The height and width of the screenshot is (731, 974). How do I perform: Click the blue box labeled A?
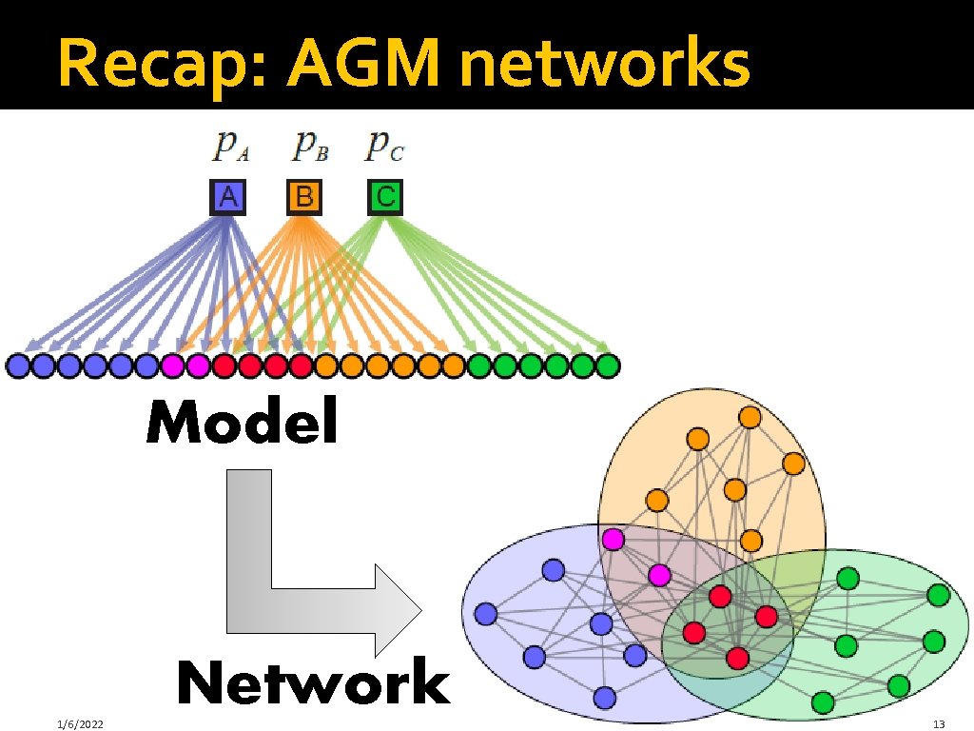point(228,197)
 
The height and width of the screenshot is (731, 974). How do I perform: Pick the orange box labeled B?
point(304,197)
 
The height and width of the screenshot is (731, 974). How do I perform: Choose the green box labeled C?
point(384,197)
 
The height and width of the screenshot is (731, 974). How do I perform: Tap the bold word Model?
point(243,423)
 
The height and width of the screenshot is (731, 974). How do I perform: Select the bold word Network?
point(313,683)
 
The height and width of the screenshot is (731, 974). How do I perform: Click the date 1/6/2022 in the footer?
point(79,725)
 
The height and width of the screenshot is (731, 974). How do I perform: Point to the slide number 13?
point(938,725)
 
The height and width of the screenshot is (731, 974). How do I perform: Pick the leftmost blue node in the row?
point(17,365)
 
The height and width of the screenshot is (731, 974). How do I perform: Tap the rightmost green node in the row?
point(608,365)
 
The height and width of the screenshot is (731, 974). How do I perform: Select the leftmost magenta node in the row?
point(172,365)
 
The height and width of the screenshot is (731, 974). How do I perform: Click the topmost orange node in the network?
point(750,417)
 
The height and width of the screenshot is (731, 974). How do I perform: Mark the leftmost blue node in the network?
point(486,613)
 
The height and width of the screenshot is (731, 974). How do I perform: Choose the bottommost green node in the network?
point(823,702)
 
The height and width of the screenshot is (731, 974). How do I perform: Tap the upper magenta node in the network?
point(614,540)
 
